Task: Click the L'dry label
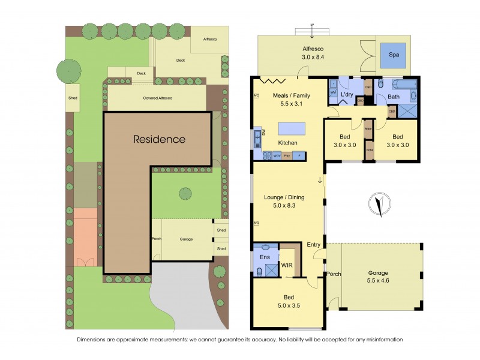[346, 95]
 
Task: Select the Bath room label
[394, 96]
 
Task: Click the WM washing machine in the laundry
[333, 92]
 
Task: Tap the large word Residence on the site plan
[159, 139]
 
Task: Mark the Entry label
[313, 244]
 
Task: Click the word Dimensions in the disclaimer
[94, 339]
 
